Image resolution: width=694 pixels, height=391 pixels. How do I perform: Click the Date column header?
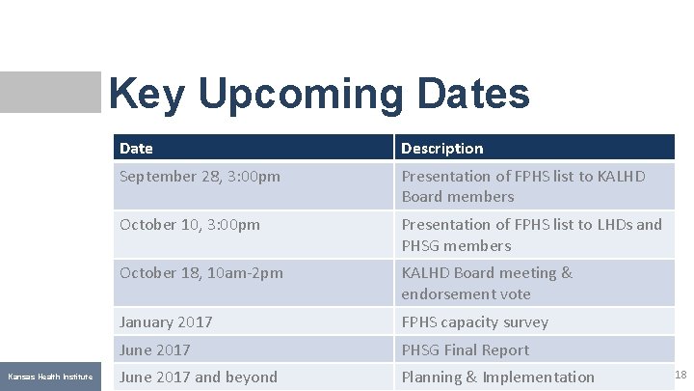(136, 148)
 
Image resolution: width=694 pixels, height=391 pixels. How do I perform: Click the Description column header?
(442, 148)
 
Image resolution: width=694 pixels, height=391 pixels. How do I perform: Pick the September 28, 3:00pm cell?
(200, 177)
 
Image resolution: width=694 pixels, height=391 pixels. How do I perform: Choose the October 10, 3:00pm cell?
(190, 224)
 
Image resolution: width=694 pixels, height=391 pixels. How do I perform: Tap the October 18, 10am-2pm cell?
(201, 273)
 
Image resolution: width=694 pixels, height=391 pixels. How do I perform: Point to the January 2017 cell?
(166, 321)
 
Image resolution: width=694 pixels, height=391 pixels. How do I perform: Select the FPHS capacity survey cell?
(474, 321)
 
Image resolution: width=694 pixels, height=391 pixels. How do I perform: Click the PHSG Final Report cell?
(466, 349)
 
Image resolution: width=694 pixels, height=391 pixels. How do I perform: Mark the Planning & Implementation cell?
(497, 377)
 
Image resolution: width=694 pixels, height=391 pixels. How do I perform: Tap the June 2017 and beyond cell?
(199, 377)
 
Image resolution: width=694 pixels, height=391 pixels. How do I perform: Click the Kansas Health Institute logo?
(50, 376)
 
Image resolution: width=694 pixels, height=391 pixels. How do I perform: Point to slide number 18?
(681, 375)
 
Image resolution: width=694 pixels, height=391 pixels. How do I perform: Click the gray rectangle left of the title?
(50, 92)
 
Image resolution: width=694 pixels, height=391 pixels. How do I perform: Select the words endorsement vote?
(466, 293)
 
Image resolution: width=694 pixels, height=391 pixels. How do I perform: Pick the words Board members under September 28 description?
(458, 197)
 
